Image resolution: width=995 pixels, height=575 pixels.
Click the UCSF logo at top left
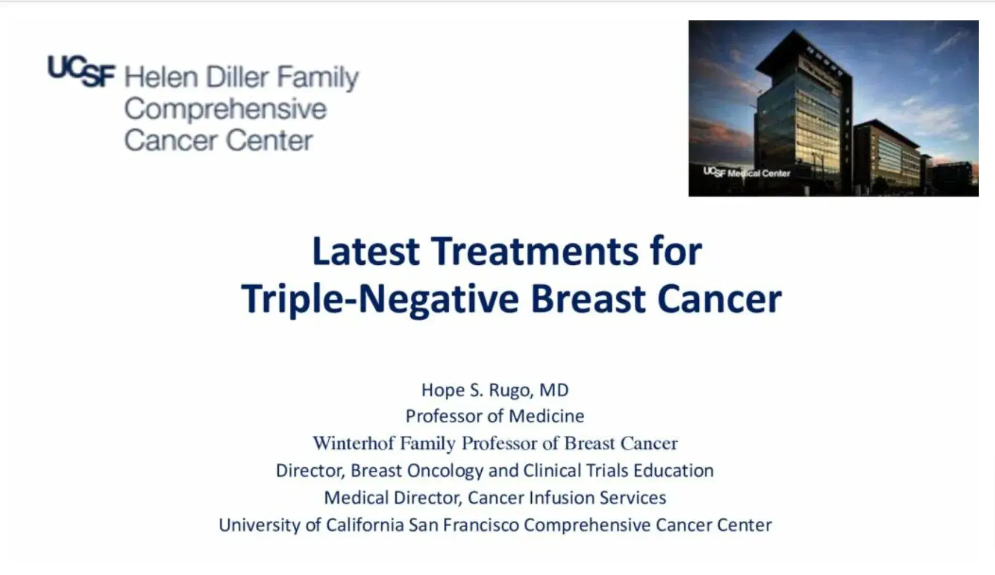point(81,72)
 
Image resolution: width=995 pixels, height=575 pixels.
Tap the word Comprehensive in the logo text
point(225,109)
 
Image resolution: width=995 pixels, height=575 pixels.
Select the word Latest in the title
point(365,251)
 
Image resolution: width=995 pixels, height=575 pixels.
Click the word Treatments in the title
point(534,251)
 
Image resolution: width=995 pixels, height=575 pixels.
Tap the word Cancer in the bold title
point(719,299)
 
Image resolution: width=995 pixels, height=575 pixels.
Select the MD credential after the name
point(553,390)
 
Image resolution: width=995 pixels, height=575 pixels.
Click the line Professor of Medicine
point(495,416)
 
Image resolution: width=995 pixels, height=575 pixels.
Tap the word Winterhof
point(354,443)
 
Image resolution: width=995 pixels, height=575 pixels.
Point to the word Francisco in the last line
point(481,525)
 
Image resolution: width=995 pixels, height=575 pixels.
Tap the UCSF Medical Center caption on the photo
point(747,173)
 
